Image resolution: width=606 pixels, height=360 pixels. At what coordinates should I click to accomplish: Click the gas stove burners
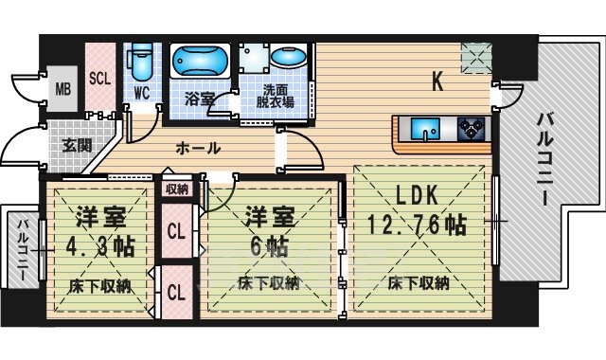click(471, 126)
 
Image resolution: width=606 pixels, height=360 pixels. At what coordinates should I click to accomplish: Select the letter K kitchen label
click(437, 82)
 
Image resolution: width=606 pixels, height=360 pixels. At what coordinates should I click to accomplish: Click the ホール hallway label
click(198, 148)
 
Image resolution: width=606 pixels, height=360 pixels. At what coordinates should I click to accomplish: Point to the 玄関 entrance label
click(77, 146)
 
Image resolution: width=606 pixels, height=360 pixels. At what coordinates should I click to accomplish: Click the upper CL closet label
click(176, 230)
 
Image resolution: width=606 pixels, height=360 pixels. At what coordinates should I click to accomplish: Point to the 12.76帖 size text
click(418, 226)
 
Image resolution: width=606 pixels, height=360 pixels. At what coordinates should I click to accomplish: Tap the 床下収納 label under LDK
click(418, 282)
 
